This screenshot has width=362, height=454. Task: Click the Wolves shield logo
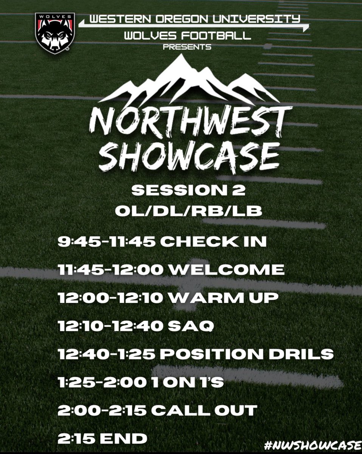pyautogui.click(x=52, y=33)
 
